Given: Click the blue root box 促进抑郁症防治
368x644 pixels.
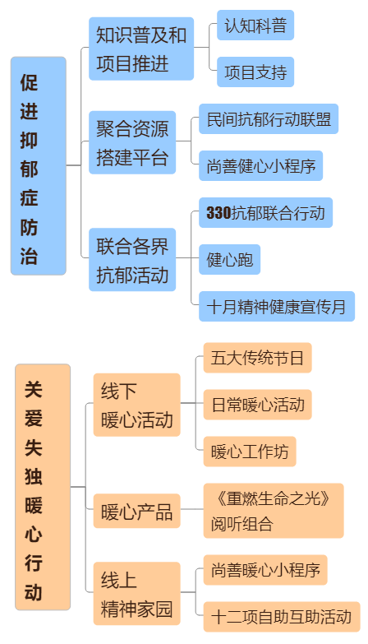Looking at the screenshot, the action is pyautogui.click(x=38, y=166).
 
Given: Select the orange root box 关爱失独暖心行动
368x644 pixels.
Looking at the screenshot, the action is pyautogui.click(x=43, y=487).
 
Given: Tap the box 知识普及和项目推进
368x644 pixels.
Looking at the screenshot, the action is pyautogui.click(x=141, y=49).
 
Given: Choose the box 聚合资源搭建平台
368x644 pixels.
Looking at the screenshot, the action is pyautogui.click(x=132, y=142).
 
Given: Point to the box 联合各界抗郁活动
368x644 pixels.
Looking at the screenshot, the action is pyautogui.click(x=132, y=260).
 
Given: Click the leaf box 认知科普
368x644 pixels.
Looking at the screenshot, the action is pyautogui.click(x=255, y=25).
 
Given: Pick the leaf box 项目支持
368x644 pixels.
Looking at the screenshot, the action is pyautogui.click(x=255, y=72).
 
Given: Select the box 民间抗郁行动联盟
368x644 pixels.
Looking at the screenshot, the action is pyautogui.click(x=269, y=118).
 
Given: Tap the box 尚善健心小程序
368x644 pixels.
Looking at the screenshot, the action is pyautogui.click(x=260, y=165).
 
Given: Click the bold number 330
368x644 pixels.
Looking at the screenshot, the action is pyautogui.click(x=218, y=213).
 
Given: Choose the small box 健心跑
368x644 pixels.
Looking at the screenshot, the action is pyautogui.click(x=229, y=259).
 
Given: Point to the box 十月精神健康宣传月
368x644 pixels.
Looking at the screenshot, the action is pyautogui.click(x=277, y=306).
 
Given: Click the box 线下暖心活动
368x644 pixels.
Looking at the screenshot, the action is pyautogui.click(x=136, y=405).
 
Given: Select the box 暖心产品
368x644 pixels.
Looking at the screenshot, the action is pyautogui.click(x=136, y=511).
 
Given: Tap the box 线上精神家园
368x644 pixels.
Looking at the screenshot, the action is pyautogui.click(x=136, y=594).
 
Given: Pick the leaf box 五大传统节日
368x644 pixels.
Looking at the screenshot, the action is pyautogui.click(x=257, y=358).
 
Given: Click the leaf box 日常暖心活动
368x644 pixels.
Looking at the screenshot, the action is pyautogui.click(x=257, y=405).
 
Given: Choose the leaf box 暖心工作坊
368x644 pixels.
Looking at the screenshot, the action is pyautogui.click(x=250, y=452).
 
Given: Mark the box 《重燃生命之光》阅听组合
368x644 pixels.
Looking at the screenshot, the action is pyautogui.click(x=274, y=511).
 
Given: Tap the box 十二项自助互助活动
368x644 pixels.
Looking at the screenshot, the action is pyautogui.click(x=282, y=617).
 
